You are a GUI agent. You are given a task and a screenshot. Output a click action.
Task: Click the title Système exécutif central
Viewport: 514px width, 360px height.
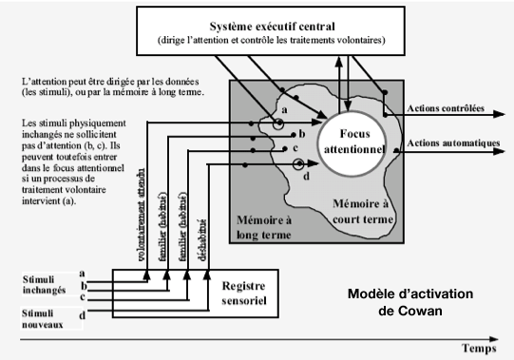coord(278,26)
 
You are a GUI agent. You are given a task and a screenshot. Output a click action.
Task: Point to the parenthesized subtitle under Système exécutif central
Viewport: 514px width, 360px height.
coord(278,41)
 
